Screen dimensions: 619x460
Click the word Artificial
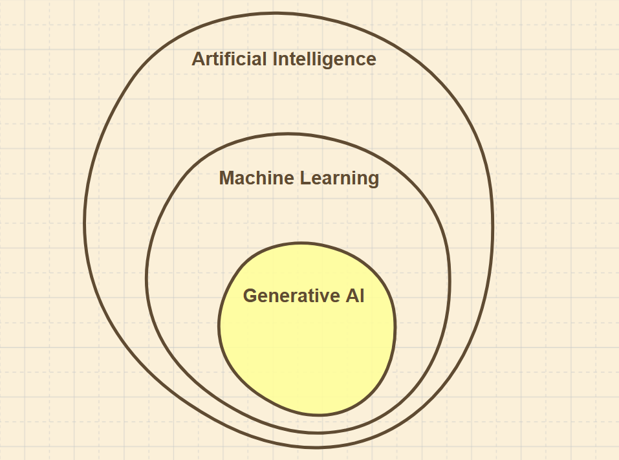tap(230, 60)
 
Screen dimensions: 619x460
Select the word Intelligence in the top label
tap(324, 60)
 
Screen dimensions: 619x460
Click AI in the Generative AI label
tap(355, 296)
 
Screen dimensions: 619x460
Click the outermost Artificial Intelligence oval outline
tap(85, 223)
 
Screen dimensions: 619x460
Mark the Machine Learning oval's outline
tap(147, 278)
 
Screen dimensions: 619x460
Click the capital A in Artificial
tap(198, 60)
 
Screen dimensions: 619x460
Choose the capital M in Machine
tap(226, 178)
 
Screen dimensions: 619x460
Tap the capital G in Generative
tap(250, 296)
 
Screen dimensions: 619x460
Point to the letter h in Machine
tap(257, 178)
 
